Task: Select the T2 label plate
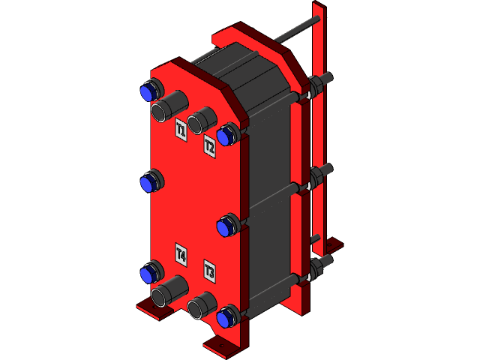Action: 210,146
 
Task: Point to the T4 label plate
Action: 181,253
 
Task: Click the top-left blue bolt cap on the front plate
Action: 148,91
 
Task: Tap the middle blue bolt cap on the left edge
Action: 148,181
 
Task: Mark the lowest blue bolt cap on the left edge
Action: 148,274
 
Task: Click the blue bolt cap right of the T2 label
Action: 226,136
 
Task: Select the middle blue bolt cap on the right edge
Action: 226,226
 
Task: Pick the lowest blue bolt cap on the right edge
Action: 226,318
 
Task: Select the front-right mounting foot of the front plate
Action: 221,345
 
